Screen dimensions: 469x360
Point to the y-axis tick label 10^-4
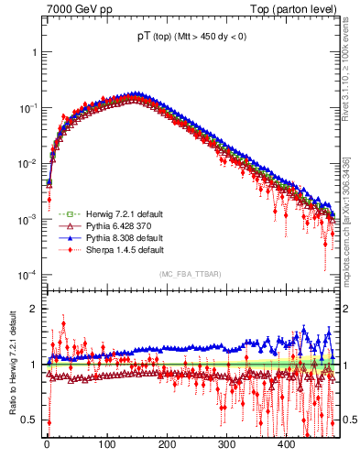28,276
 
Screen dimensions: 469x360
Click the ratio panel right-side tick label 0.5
350,420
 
